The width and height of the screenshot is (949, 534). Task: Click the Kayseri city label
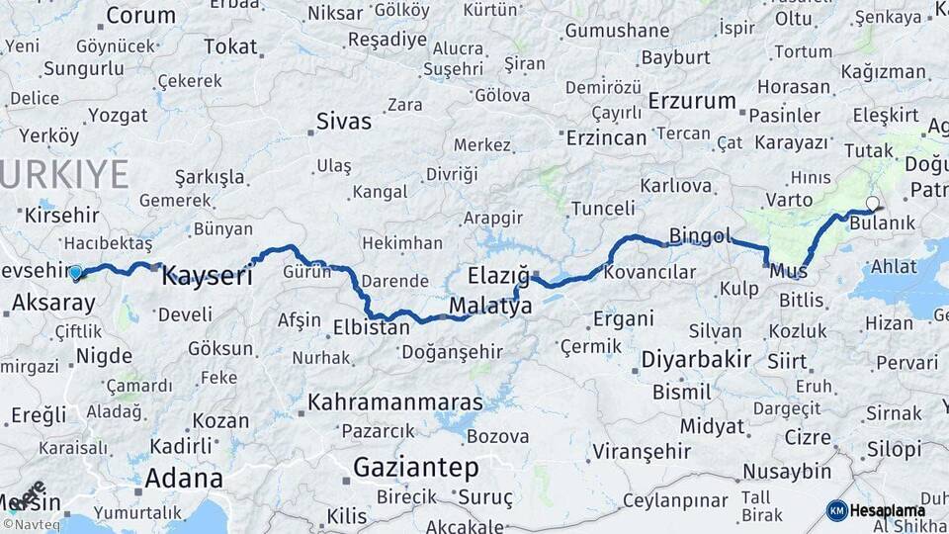[207, 276]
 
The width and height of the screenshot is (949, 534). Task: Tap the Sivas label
[344, 122]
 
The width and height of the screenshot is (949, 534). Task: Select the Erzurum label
[693, 101]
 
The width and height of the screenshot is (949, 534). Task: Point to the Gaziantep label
[415, 468]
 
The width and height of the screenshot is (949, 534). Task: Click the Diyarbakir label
[696, 359]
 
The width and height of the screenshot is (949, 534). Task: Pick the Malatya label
[490, 307]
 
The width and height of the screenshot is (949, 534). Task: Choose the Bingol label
[699, 236]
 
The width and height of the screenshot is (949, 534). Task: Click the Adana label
[184, 479]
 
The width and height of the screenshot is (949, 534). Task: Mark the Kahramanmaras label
[394, 402]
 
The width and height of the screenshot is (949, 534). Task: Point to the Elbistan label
[372, 325]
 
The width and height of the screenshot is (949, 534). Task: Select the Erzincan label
[606, 137]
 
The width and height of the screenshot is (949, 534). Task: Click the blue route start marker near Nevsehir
[76, 272]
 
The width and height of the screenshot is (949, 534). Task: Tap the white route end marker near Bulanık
[871, 204]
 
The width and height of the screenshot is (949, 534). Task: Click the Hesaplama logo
[877, 511]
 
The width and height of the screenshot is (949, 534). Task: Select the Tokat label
[230, 46]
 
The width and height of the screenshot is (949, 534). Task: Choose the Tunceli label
[603, 208]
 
